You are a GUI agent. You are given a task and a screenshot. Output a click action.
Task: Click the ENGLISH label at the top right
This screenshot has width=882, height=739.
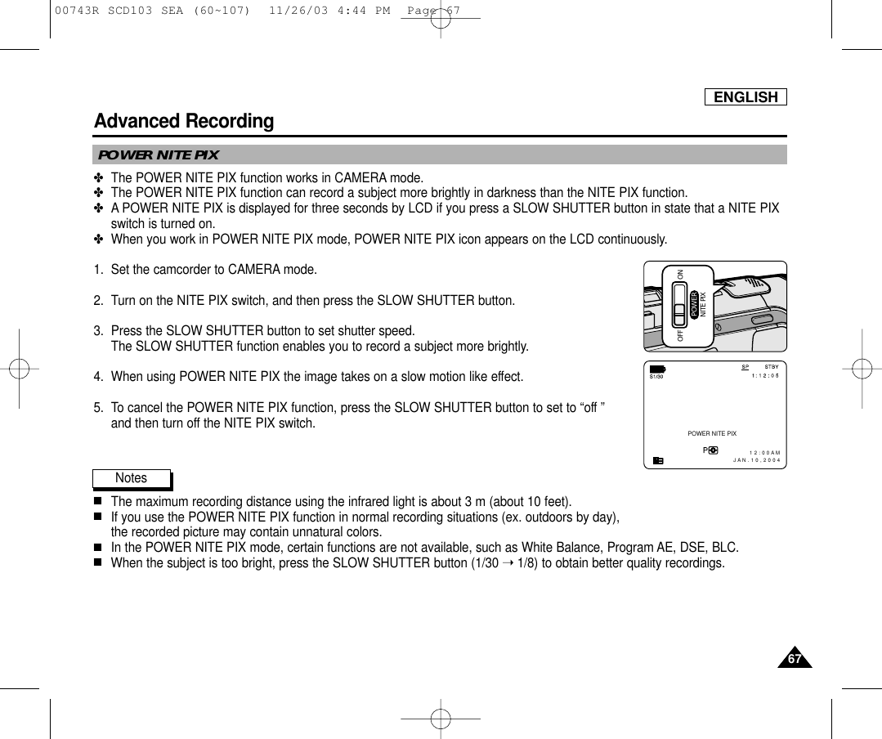pyautogui.click(x=745, y=97)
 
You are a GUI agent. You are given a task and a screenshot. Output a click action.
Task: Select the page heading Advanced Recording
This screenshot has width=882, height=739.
pyautogui.click(x=184, y=122)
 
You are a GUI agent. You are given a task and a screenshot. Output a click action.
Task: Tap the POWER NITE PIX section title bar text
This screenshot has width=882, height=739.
pyautogui.click(x=159, y=155)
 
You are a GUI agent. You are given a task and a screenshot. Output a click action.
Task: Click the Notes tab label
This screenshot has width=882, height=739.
pyautogui.click(x=131, y=478)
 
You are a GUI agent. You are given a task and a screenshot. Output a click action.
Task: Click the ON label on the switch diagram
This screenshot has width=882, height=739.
pyautogui.click(x=680, y=274)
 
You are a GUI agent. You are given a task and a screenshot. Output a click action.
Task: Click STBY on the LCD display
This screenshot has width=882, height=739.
pyautogui.click(x=770, y=367)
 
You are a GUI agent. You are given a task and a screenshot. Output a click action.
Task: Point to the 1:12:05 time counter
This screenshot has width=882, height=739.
pyautogui.click(x=765, y=376)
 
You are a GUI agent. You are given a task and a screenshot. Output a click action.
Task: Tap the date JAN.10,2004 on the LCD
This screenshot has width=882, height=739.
pyautogui.click(x=757, y=461)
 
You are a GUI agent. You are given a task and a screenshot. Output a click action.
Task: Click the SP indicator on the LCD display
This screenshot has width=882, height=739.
pyautogui.click(x=745, y=367)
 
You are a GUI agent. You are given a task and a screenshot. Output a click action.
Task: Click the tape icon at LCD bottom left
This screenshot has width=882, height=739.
pyautogui.click(x=659, y=460)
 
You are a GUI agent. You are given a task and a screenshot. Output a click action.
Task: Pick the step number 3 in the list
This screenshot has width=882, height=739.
pyautogui.click(x=97, y=331)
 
